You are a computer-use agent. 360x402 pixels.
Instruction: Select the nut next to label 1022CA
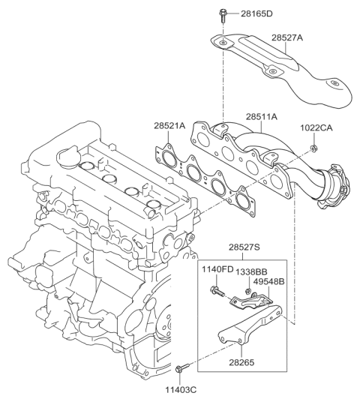310,147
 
